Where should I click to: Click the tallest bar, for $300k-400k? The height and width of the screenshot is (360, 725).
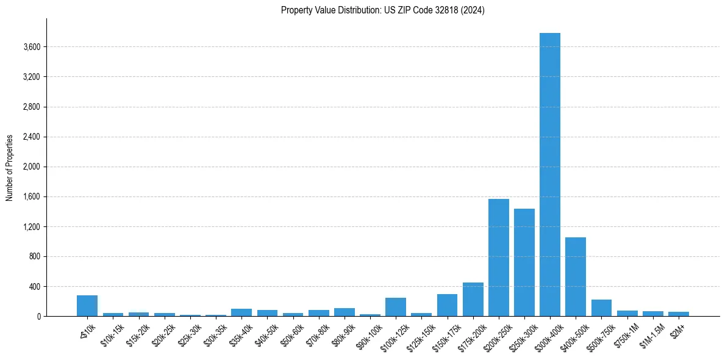click(x=549, y=175)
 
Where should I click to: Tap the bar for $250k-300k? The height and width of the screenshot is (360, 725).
click(x=524, y=262)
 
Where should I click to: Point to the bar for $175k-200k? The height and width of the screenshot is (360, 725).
click(x=473, y=299)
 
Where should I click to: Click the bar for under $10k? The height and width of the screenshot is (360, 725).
click(x=87, y=306)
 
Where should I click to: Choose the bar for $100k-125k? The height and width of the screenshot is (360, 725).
click(x=396, y=307)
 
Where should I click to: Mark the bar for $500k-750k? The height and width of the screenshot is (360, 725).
click(x=601, y=308)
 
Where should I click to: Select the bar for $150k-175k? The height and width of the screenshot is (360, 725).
click(x=447, y=305)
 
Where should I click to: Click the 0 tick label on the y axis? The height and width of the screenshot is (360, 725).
click(x=38, y=317)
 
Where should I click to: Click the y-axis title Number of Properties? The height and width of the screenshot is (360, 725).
click(x=10, y=168)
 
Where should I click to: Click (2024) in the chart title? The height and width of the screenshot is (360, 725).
click(x=473, y=10)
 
